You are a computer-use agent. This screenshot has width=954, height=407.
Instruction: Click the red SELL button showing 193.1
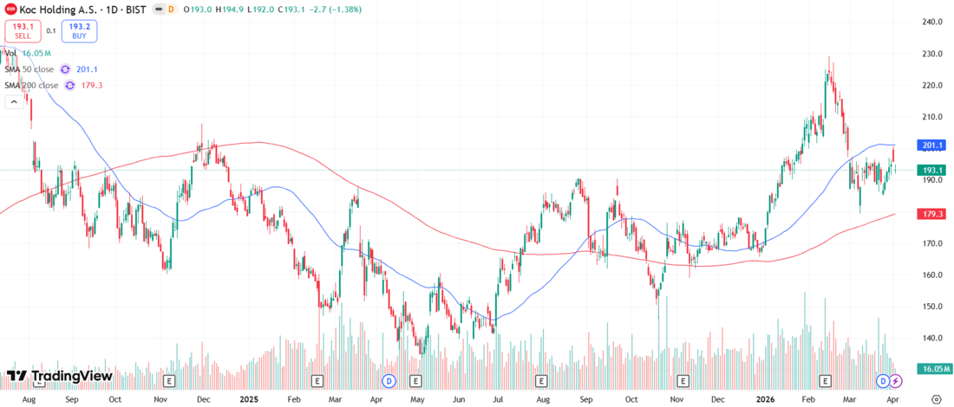tap(21, 31)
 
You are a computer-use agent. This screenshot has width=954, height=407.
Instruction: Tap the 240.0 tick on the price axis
tap(932, 22)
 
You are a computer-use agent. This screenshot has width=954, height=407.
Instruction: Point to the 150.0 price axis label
tap(932, 307)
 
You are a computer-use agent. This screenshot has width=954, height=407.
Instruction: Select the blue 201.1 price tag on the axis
tap(933, 145)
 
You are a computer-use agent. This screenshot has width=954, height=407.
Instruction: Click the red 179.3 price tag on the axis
tap(933, 213)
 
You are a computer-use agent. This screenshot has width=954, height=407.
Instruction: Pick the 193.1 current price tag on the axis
tap(933, 170)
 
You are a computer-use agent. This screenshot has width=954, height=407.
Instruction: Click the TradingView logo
tap(59, 376)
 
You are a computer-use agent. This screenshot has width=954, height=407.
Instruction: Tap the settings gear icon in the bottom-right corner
tap(937, 399)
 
